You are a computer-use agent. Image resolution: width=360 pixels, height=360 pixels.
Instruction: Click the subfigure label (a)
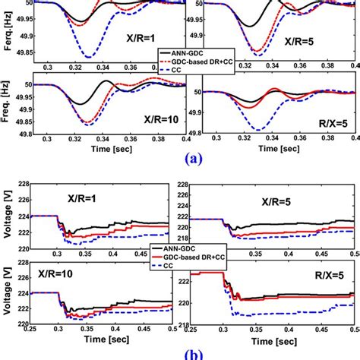pyautogui.click(x=180, y=159)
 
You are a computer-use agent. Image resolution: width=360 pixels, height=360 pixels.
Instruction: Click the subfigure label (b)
pyautogui.click(x=180, y=354)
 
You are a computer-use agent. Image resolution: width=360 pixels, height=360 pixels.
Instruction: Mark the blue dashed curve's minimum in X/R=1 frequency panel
pyautogui.click(x=89, y=57)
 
